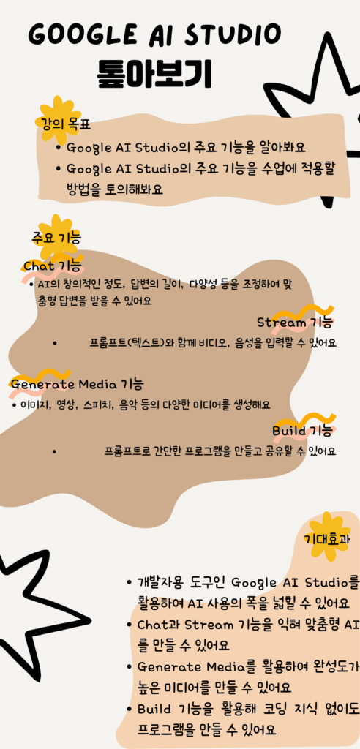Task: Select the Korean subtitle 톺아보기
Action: [155, 74]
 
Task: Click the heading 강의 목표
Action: [63, 125]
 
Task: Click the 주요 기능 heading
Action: [56, 238]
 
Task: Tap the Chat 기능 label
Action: [52, 266]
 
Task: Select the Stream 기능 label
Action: [294, 323]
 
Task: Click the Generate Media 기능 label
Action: [77, 383]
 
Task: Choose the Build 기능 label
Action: [301, 430]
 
